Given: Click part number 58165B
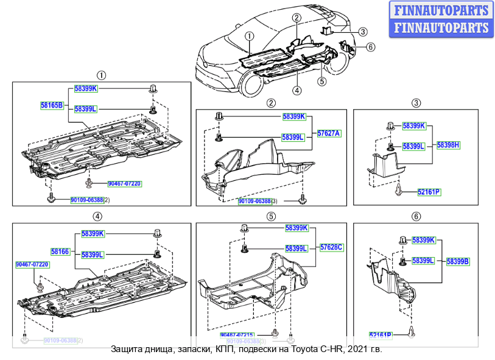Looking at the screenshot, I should (52, 105).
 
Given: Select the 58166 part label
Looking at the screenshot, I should (60, 251).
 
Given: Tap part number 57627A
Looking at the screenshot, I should (329, 133).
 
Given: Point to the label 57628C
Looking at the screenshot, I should (332, 247).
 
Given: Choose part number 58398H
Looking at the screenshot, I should (448, 145).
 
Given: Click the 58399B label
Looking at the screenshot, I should (458, 261).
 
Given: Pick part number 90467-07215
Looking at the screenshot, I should (237, 335).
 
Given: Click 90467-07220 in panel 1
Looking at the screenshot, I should (124, 183).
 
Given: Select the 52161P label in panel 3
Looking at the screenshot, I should (429, 192).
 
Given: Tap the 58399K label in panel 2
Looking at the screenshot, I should (293, 116).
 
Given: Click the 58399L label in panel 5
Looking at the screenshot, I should (297, 248).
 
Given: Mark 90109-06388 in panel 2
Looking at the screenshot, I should (254, 201).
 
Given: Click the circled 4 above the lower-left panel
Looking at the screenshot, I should (97, 216).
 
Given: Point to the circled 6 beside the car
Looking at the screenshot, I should (371, 47).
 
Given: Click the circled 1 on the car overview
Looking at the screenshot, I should (250, 36).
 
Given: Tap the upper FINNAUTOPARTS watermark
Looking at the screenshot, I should (441, 10).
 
